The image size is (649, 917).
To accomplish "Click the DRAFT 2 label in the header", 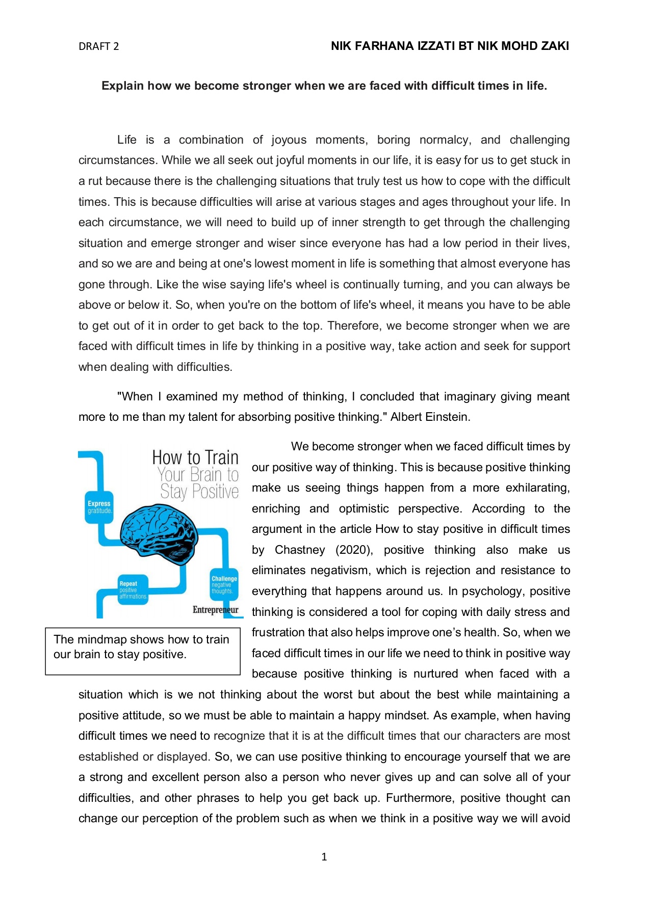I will coord(98,46).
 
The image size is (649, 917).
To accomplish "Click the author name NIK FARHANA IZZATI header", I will coord(450,46).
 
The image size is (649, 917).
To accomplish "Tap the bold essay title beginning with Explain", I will coord(324,86).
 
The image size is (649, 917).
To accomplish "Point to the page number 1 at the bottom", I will coord(324,857).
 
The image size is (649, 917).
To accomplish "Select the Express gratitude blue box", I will coord(99,507).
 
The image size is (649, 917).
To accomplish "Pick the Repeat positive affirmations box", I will coord(132,590).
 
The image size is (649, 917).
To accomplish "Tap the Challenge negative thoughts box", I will coord(224,585).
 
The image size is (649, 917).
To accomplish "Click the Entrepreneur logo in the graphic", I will coord(215,610).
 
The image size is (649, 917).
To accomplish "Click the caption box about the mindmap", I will coord(142,651).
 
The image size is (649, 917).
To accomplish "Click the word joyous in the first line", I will coord(289,140).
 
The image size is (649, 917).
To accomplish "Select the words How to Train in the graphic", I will coord(195,457).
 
